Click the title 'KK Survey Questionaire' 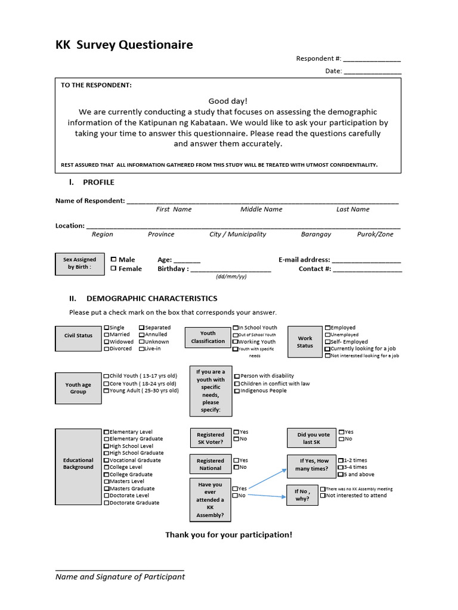pos(124,45)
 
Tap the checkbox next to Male pos(113,259)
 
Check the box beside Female pos(113,268)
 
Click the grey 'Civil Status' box pos(79,335)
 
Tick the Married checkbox pos(107,335)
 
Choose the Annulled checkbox pos(142,335)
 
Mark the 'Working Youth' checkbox pos(236,342)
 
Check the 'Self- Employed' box pos(327,342)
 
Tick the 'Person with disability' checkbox pos(237,376)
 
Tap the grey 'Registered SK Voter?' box pos(211,438)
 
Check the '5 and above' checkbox pos(341,475)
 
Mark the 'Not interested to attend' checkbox pos(323,496)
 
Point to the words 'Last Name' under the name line pos(352,210)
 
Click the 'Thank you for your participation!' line pos(229,534)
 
